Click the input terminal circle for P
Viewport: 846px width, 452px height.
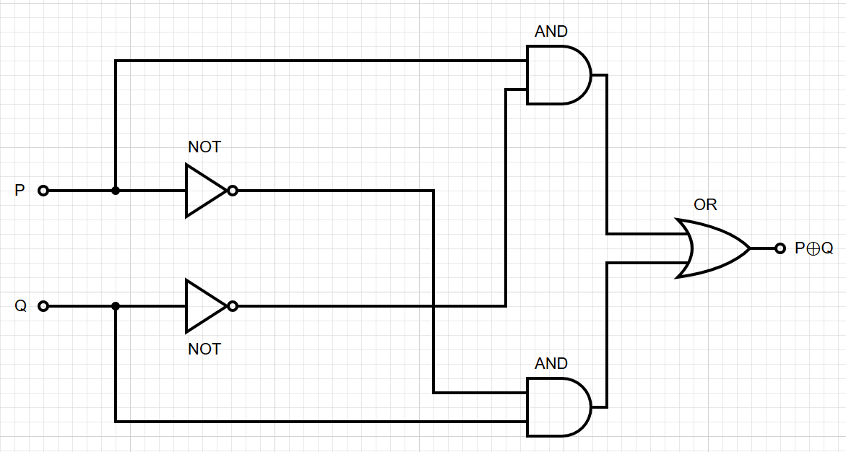pyautogui.click(x=43, y=191)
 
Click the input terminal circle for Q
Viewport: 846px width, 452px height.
pyautogui.click(x=43, y=306)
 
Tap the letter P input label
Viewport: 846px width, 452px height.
pyautogui.click(x=20, y=191)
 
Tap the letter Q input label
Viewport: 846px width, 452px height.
pyautogui.click(x=20, y=306)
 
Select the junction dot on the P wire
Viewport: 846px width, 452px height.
pyautogui.click(x=116, y=191)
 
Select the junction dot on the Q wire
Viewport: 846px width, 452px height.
pyautogui.click(x=116, y=306)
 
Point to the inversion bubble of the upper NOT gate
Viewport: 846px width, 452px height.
pyautogui.click(x=233, y=191)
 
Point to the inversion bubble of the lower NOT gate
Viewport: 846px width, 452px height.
pyautogui.click(x=233, y=306)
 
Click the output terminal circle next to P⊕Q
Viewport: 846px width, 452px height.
pyautogui.click(x=780, y=248)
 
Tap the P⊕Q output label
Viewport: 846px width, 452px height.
pyautogui.click(x=814, y=248)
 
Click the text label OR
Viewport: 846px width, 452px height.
pyautogui.click(x=705, y=205)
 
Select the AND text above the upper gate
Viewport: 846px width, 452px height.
pyautogui.click(x=551, y=32)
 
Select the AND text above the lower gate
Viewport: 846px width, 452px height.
pyautogui.click(x=551, y=364)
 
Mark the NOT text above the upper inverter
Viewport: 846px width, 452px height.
pyautogui.click(x=204, y=147)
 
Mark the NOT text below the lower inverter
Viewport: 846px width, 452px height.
pyautogui.click(x=204, y=349)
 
